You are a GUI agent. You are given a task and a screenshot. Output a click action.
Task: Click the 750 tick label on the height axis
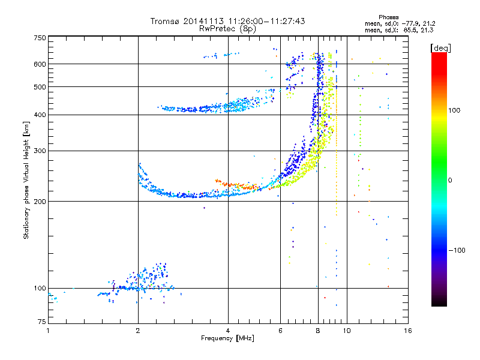point(39,38)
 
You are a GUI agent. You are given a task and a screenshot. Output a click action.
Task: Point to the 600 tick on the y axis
point(39,64)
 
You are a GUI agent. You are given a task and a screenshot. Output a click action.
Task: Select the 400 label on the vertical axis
point(39,115)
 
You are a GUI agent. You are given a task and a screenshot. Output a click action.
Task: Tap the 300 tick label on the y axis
point(39,151)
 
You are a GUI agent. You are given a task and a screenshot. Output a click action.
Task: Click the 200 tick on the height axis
point(39,202)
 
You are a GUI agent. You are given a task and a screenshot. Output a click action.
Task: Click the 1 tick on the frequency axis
point(48,331)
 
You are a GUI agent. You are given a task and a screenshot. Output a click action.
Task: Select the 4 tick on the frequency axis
point(228,331)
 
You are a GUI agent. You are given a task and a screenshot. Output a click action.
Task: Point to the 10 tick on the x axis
point(347,331)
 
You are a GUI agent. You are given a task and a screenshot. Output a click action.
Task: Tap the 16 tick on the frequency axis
point(407,331)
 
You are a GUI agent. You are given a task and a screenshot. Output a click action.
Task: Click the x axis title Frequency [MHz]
point(228,338)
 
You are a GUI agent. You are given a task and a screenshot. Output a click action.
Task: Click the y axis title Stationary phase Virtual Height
point(26,180)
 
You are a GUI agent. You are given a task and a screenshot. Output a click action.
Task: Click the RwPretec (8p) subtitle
point(228,28)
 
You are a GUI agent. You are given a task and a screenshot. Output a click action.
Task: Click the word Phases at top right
point(389,17)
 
